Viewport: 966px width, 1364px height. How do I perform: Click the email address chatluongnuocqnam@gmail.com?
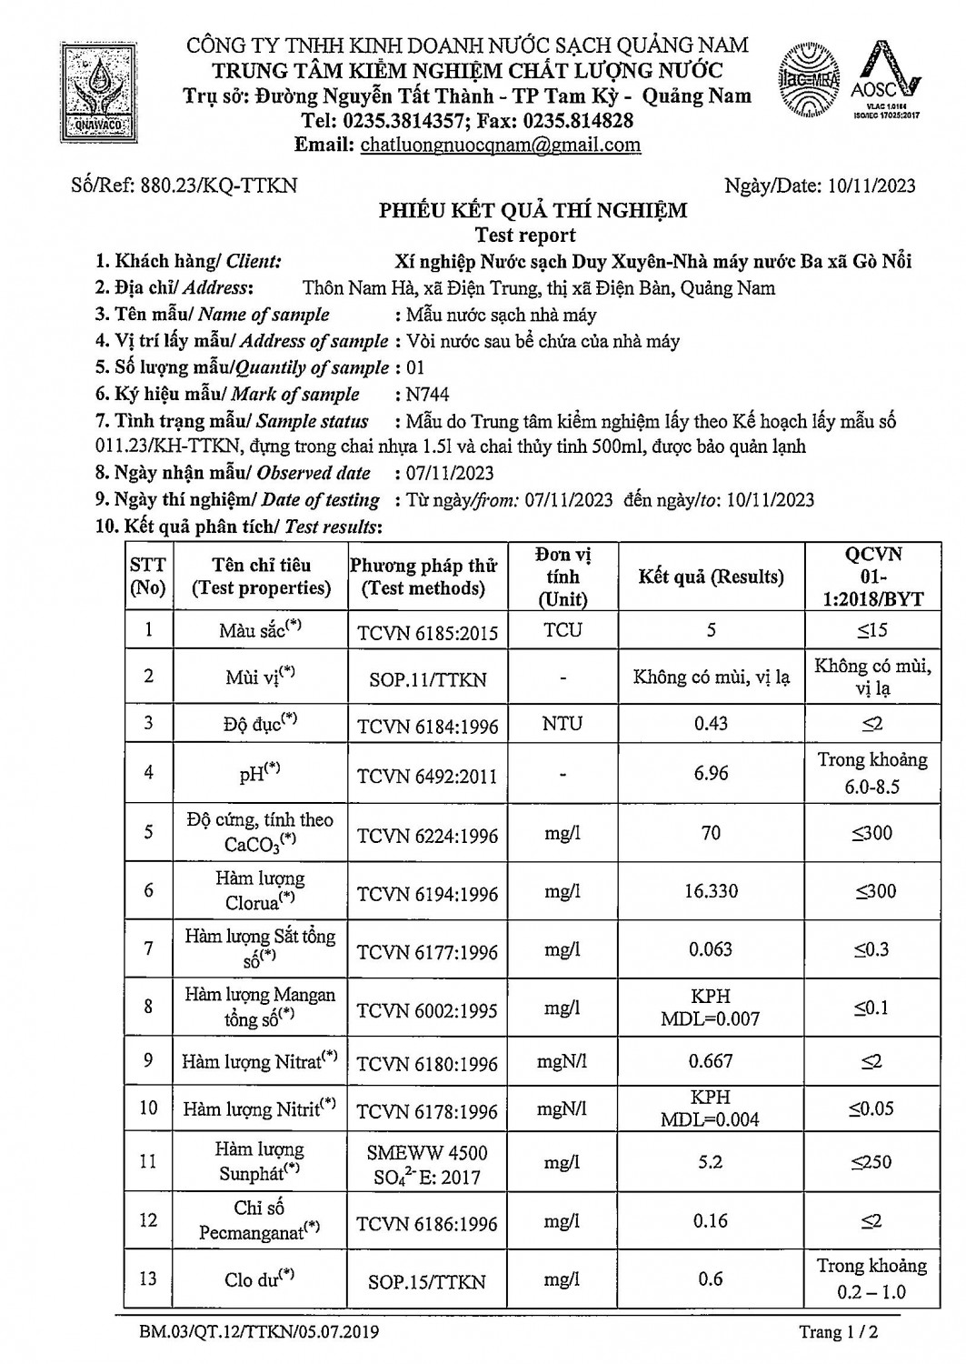click(x=500, y=145)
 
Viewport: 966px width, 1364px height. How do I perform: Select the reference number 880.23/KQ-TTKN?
click(x=220, y=186)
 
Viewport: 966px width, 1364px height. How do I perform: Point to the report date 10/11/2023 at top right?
click(x=872, y=186)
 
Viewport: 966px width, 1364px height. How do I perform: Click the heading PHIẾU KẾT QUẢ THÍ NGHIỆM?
click(x=533, y=211)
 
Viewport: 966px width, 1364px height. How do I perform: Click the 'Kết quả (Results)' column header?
click(x=711, y=577)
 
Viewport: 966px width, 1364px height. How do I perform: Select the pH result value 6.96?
click(x=711, y=773)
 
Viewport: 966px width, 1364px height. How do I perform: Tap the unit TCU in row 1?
click(x=563, y=630)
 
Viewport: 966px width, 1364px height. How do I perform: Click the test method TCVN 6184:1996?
click(x=427, y=726)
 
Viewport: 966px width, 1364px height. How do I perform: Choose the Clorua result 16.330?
click(x=711, y=891)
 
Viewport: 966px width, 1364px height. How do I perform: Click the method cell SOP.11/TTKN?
click(x=427, y=679)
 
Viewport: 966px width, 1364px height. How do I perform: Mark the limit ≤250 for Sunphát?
click(x=871, y=1162)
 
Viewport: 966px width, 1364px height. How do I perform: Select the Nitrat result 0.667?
click(x=711, y=1061)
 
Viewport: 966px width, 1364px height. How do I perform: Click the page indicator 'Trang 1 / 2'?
click(x=839, y=1333)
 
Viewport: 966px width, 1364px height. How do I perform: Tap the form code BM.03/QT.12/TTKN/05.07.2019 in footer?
click(x=259, y=1333)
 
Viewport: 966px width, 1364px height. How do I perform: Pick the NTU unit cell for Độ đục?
click(x=563, y=725)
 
